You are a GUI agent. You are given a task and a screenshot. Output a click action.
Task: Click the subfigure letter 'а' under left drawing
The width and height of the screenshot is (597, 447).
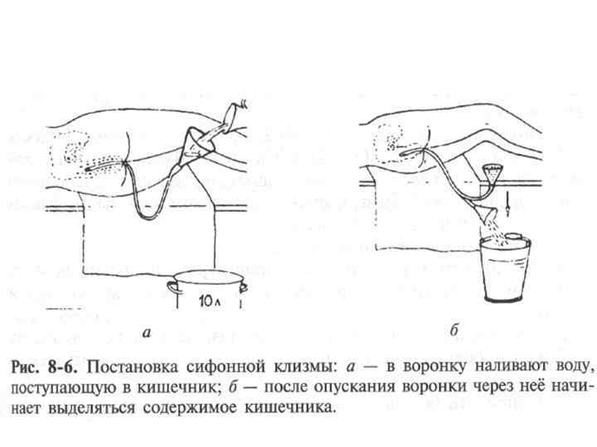click(x=147, y=333)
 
